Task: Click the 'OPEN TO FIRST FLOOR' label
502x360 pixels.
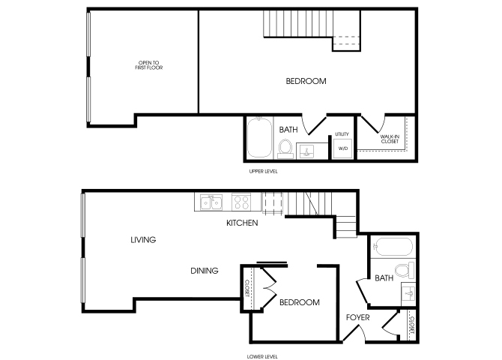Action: click(149, 65)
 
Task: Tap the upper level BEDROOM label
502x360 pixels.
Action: click(306, 81)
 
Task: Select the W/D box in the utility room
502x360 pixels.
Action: click(343, 148)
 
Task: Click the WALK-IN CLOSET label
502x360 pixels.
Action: click(390, 139)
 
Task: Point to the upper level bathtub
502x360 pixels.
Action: click(259, 138)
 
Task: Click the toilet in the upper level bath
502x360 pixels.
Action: click(285, 149)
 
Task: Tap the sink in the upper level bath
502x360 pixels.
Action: click(306, 151)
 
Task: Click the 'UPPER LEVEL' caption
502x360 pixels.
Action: click(263, 172)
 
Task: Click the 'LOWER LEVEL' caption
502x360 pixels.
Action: click(262, 356)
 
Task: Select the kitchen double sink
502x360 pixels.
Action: click(211, 202)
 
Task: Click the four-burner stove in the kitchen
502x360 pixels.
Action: click(241, 202)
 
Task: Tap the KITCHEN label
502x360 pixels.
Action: click(242, 223)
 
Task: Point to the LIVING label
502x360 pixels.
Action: click(143, 240)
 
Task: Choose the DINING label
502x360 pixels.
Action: click(205, 271)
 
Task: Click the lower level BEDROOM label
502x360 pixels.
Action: click(300, 302)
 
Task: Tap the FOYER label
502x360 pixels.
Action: click(358, 317)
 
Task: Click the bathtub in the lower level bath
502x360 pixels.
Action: click(393, 247)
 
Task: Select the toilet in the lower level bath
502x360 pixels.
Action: click(405, 270)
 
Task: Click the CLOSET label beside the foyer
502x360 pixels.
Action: click(412, 325)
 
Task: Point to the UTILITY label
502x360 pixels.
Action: click(342, 134)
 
